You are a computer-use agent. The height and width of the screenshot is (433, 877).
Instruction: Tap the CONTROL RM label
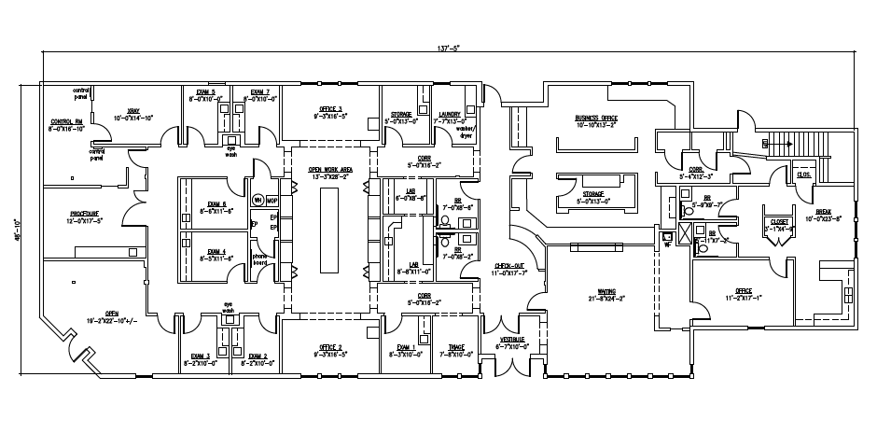66,122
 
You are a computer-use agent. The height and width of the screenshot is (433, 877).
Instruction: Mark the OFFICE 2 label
330,347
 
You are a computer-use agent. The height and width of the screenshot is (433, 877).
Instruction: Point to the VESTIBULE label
512,339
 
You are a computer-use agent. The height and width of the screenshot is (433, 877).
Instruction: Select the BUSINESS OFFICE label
596,118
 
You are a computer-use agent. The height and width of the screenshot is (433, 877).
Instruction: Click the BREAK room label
829,212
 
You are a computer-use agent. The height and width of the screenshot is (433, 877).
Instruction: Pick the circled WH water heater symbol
257,200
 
